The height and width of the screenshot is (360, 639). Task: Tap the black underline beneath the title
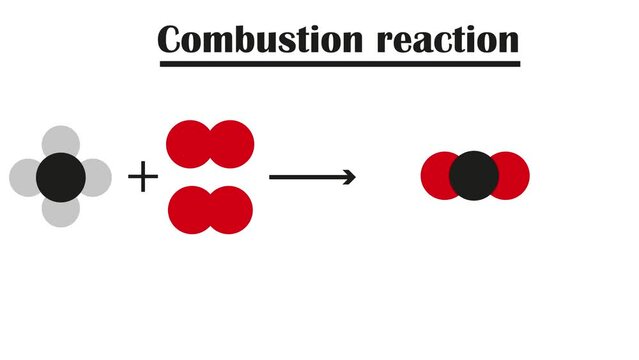340,65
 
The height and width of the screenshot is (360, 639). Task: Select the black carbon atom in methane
60,177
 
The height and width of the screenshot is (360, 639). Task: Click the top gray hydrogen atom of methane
60,141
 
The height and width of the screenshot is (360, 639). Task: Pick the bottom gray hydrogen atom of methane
60,212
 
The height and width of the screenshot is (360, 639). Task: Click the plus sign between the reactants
143,179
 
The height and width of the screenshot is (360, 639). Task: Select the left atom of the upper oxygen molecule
186,143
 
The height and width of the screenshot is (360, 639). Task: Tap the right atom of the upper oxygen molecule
233,143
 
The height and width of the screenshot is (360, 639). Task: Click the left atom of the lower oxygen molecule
188,209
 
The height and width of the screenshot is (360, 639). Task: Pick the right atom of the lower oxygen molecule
232,209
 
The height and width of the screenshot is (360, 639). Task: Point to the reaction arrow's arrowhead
349,177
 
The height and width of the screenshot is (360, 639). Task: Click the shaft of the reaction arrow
305,177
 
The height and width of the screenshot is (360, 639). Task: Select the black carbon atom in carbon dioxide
474,176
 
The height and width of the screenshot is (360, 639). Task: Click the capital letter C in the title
172,39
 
